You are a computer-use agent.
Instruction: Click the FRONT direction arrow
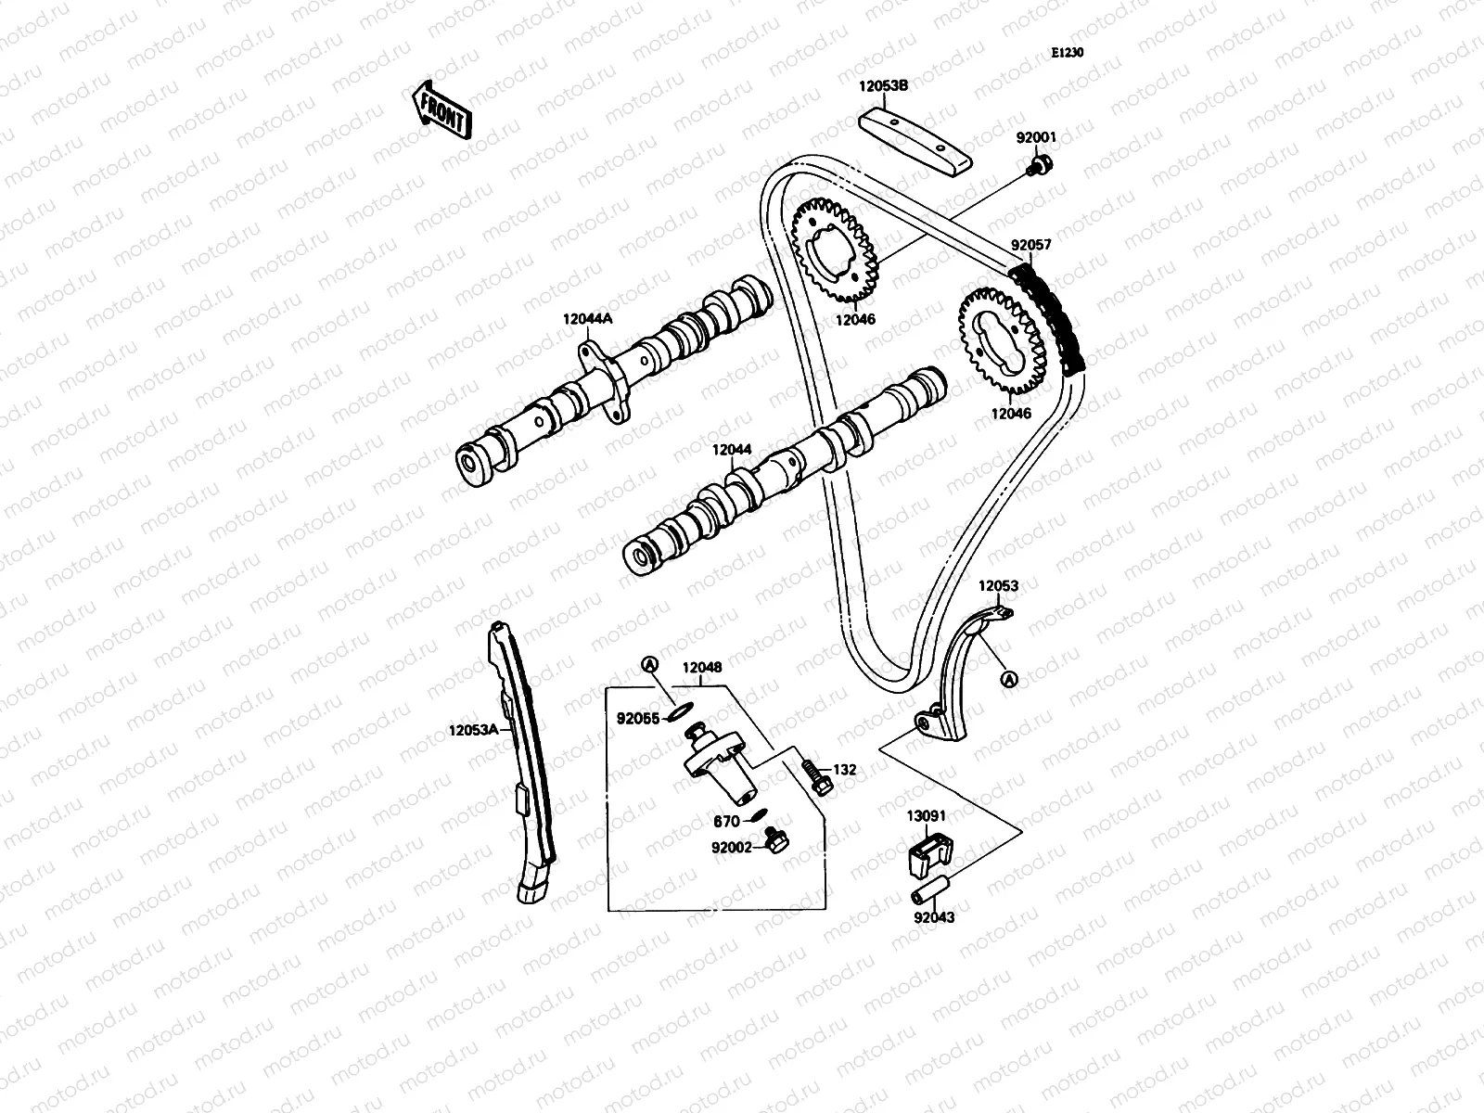(441, 109)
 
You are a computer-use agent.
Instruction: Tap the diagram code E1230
(1067, 53)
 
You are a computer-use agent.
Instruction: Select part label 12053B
(883, 85)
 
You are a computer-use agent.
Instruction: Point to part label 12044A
(588, 318)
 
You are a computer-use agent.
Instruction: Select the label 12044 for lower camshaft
(732, 450)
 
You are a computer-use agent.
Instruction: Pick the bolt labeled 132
(814, 775)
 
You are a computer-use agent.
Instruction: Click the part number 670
(726, 821)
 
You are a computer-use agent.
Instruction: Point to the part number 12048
(702, 667)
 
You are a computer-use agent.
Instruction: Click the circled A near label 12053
(1010, 680)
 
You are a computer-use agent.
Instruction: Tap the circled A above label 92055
(650, 664)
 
